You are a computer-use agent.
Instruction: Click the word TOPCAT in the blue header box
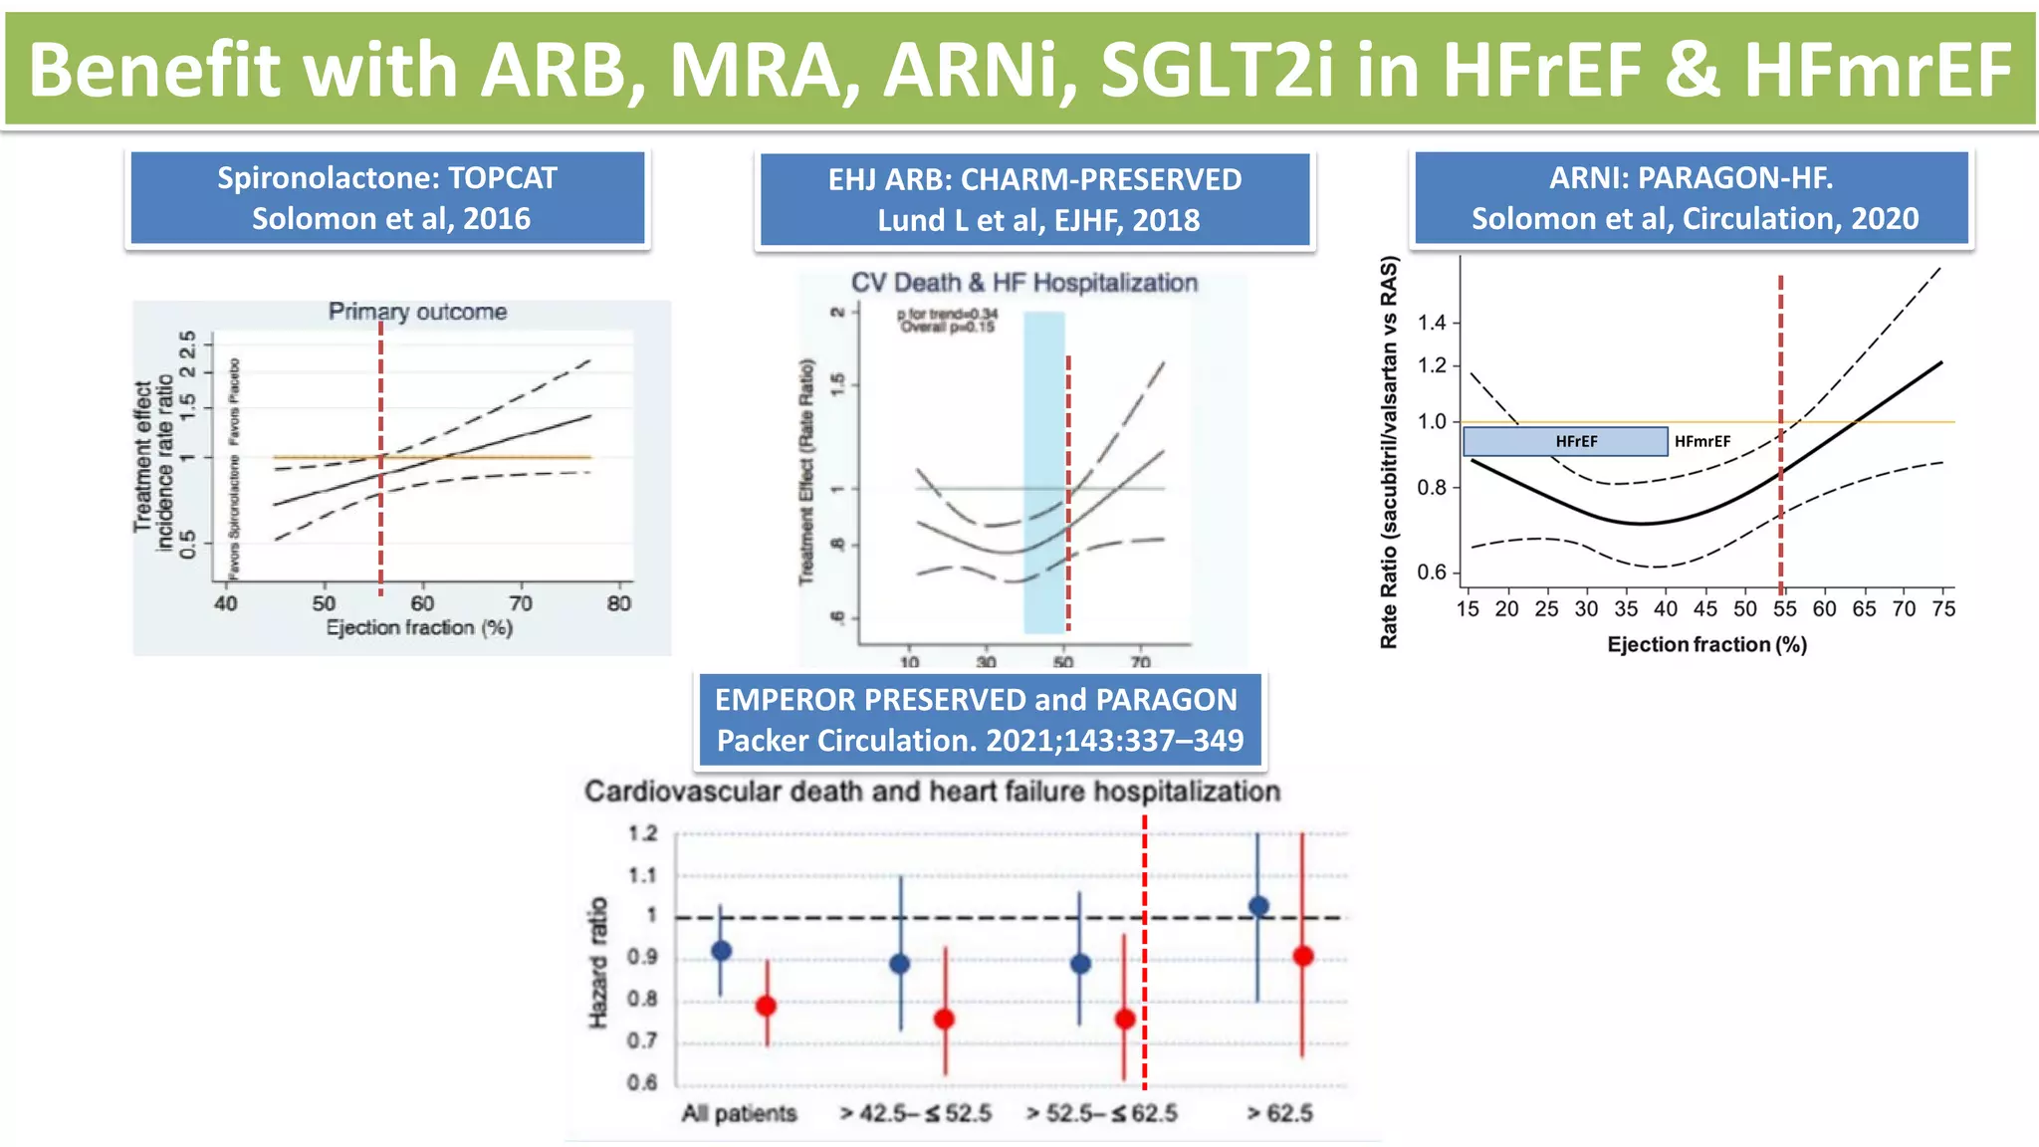pyautogui.click(x=502, y=178)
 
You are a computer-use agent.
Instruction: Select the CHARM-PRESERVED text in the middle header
pyautogui.click(x=1101, y=179)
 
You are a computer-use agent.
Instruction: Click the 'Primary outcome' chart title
pyautogui.click(x=417, y=312)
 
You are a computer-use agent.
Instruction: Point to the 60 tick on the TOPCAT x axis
pyautogui.click(x=422, y=603)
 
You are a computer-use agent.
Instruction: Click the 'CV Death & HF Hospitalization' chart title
pyautogui.click(x=1023, y=283)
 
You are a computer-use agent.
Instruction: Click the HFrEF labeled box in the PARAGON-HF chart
pyautogui.click(x=1565, y=441)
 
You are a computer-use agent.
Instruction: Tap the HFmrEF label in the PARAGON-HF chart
pyautogui.click(x=1701, y=441)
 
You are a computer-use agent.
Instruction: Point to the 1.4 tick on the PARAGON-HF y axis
pyautogui.click(x=1432, y=323)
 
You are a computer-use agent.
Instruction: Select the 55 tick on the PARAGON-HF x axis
pyautogui.click(x=1784, y=609)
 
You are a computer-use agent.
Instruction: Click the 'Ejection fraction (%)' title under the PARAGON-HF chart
pyautogui.click(x=1706, y=644)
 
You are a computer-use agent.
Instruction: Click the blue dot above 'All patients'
pyautogui.click(x=722, y=951)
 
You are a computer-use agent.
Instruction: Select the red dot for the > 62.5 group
pyautogui.click(x=1302, y=956)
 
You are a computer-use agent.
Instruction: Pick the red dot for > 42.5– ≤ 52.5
pyautogui.click(x=944, y=1019)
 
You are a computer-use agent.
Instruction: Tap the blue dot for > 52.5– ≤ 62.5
pyautogui.click(x=1080, y=964)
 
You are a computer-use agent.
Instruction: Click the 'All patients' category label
pyautogui.click(x=739, y=1113)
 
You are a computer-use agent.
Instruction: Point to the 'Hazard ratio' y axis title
pyautogui.click(x=597, y=962)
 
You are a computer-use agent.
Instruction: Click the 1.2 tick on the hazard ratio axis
pyautogui.click(x=643, y=833)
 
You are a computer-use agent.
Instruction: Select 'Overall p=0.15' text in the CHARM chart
pyautogui.click(x=947, y=327)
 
